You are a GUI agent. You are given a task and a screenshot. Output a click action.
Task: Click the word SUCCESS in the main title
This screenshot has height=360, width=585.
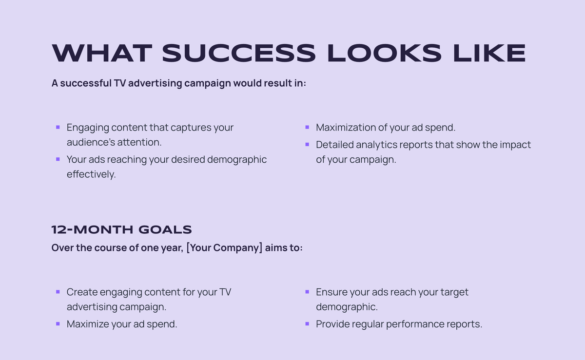239,53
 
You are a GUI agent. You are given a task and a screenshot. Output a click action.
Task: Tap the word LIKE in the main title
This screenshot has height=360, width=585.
489,53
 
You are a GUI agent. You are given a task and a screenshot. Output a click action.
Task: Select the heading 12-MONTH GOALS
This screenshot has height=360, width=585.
122,230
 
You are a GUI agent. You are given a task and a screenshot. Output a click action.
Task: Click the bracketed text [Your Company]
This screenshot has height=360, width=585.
224,248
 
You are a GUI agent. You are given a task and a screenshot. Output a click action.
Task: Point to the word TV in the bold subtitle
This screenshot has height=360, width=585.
120,83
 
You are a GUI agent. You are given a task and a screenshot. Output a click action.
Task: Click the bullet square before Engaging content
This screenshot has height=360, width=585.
58,128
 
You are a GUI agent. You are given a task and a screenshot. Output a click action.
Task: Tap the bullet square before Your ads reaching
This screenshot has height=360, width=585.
58,159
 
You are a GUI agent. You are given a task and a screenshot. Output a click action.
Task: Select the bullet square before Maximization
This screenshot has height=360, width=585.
307,128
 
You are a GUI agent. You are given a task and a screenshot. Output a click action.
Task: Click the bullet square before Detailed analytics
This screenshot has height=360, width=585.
307,144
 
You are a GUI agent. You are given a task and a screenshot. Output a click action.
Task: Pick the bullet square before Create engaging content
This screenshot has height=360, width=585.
58,292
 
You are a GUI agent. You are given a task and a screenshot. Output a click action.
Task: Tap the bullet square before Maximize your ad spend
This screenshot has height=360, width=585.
58,324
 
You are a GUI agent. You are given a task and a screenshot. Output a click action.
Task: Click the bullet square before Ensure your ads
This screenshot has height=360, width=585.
307,292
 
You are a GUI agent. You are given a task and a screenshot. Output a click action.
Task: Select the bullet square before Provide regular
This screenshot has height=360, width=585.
307,324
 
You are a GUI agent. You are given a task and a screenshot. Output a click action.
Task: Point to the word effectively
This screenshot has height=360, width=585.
91,174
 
